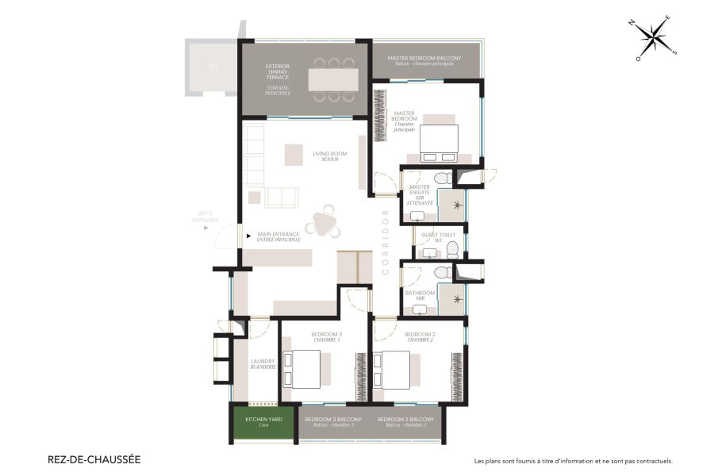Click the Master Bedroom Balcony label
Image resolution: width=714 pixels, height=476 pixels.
424,60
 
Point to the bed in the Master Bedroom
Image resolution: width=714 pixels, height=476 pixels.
439,140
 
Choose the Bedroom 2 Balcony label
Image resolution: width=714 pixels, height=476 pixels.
405,421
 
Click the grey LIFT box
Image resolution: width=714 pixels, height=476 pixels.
211,67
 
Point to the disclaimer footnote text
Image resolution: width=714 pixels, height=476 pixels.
573,460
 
